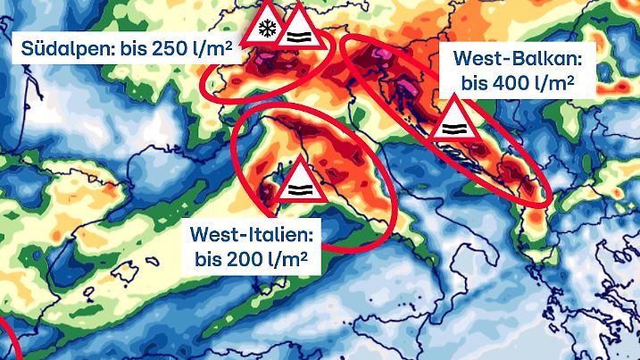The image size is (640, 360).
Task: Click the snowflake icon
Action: pyautogui.click(x=265, y=28)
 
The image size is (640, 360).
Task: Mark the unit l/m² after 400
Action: pyautogui.click(x=553, y=85)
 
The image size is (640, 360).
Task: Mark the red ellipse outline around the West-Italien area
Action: pyautogui.click(x=234, y=147)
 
